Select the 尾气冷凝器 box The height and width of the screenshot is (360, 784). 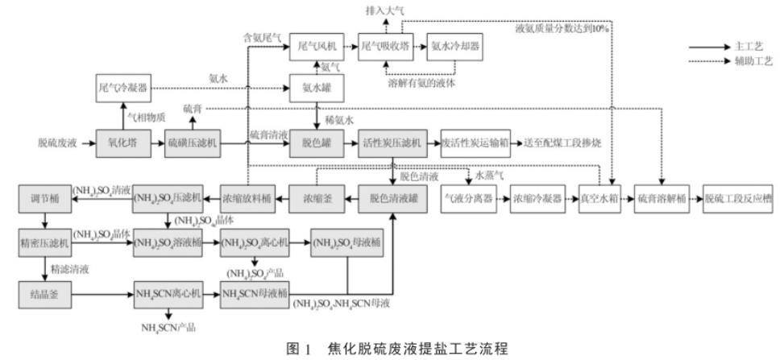click(121, 88)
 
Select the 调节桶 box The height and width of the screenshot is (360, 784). click(44, 198)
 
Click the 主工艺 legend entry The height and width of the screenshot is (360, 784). click(745, 47)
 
